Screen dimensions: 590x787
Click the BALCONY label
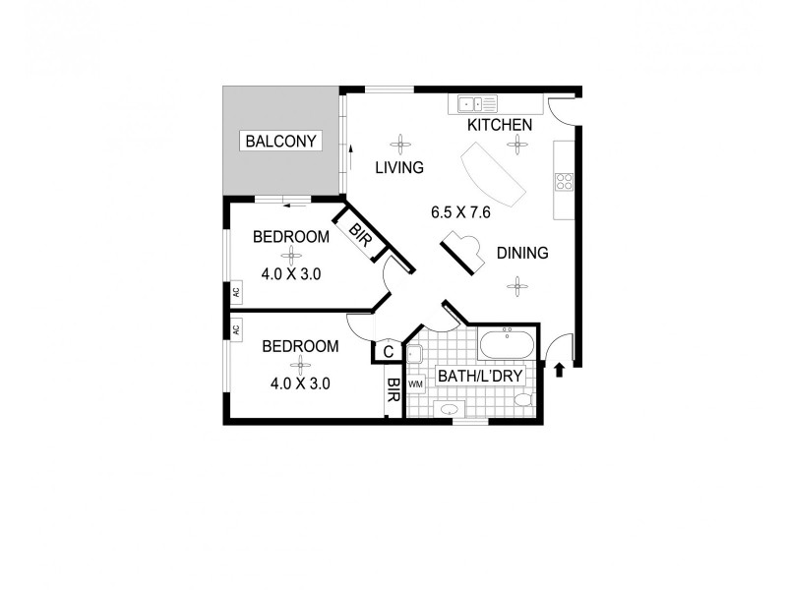(x=282, y=142)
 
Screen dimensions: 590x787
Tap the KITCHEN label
(x=499, y=125)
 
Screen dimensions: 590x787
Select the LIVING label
(x=399, y=168)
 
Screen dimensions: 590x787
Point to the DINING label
(x=521, y=254)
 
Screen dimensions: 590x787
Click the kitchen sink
(x=474, y=101)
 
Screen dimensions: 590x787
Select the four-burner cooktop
(x=565, y=181)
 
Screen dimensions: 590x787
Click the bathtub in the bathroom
(x=507, y=345)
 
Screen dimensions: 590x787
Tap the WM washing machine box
(x=415, y=384)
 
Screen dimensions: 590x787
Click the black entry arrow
(x=560, y=370)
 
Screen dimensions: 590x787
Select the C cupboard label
(x=388, y=351)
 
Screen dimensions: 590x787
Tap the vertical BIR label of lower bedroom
(x=392, y=390)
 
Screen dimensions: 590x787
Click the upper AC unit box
(x=236, y=292)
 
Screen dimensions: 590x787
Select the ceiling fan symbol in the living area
(x=399, y=140)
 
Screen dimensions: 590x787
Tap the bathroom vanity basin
(x=449, y=408)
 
